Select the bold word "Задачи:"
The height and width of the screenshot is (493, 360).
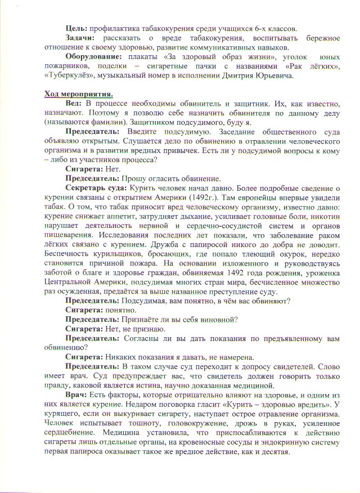(80, 38)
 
